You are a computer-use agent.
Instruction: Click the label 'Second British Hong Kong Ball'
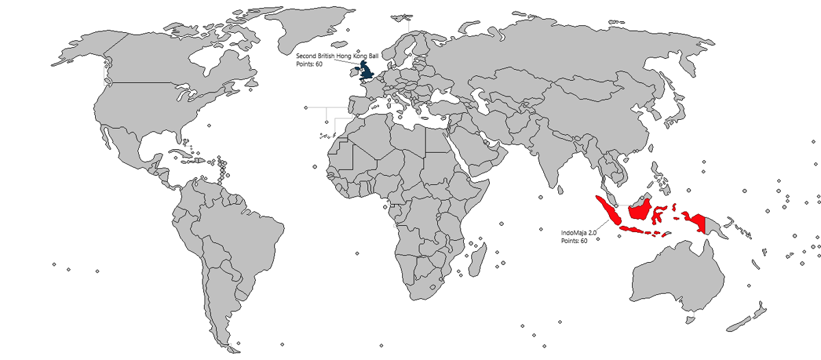336,55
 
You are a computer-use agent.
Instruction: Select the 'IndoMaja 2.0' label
579,233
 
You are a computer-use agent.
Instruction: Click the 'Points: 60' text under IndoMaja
574,241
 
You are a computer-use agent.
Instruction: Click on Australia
677,277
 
